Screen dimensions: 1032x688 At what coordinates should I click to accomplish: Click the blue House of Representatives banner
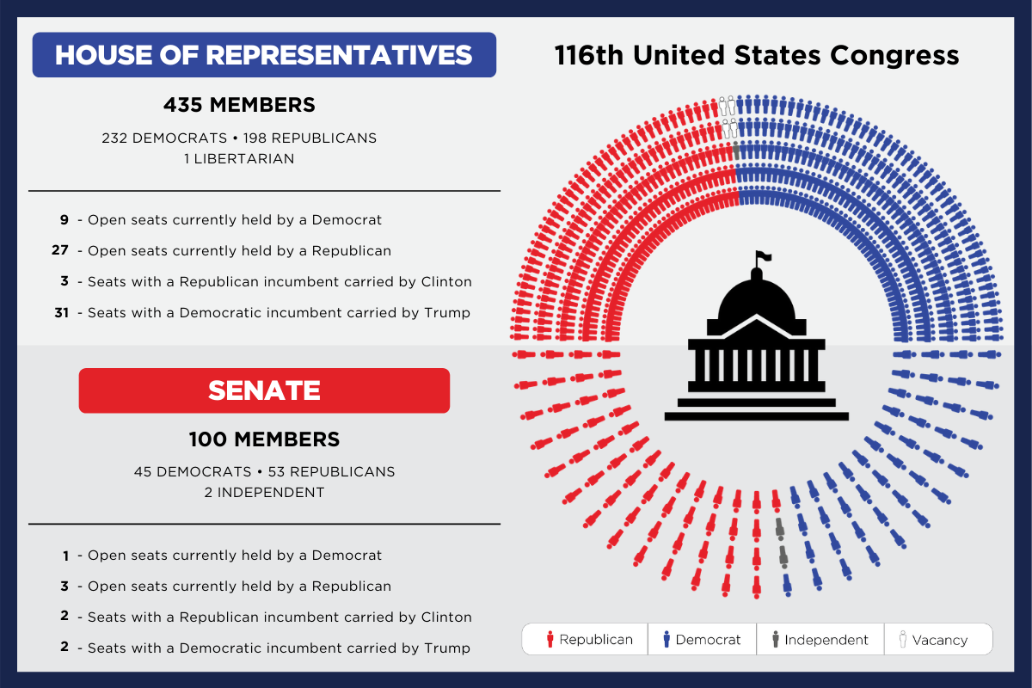pyautogui.click(x=264, y=55)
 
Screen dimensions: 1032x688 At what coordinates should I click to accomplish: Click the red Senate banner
pyautogui.click(x=264, y=390)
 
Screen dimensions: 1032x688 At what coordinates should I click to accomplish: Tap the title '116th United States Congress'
pyautogui.click(x=757, y=55)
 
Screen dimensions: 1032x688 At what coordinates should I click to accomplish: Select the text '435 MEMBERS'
pyautogui.click(x=239, y=105)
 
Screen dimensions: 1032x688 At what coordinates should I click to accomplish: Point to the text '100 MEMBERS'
pyautogui.click(x=264, y=439)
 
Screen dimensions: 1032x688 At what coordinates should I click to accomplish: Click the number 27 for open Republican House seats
pyautogui.click(x=60, y=250)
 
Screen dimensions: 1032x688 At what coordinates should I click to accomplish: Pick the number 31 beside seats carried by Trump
pyautogui.click(x=61, y=313)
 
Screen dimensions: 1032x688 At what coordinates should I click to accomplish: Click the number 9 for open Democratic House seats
pyautogui.click(x=64, y=220)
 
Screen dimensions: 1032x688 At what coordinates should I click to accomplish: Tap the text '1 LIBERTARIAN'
pyautogui.click(x=239, y=159)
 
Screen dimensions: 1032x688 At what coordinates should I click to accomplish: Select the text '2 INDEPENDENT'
pyautogui.click(x=264, y=493)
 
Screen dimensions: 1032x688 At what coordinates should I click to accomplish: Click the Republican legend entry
pyautogui.click(x=590, y=640)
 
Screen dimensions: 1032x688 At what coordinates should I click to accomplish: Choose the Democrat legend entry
pyautogui.click(x=702, y=640)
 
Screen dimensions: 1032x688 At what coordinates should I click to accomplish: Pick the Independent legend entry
pyautogui.click(x=820, y=640)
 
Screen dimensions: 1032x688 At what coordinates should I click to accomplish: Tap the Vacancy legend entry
pyautogui.click(x=933, y=640)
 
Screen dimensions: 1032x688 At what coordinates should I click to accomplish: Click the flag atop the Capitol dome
pyautogui.click(x=764, y=256)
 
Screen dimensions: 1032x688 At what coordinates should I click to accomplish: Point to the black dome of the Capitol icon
pyautogui.click(x=757, y=299)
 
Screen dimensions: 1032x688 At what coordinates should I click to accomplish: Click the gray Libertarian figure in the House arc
pyautogui.click(x=736, y=150)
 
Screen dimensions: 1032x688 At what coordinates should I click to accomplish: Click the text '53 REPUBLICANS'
pyautogui.click(x=331, y=472)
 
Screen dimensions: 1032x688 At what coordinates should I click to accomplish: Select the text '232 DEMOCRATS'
pyautogui.click(x=164, y=138)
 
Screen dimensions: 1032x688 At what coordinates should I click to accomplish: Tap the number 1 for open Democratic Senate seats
pyautogui.click(x=66, y=556)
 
